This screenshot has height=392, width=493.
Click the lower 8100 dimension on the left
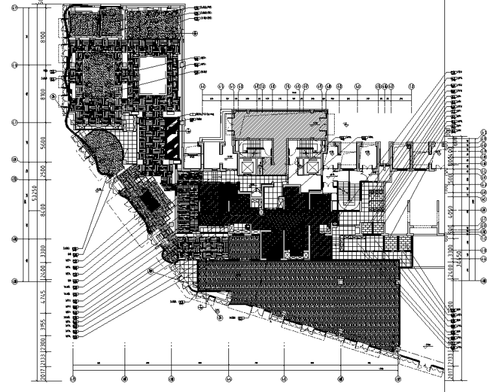click(x=43, y=94)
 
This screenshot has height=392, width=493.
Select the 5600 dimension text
click(x=43, y=141)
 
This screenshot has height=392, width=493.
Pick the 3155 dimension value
click(x=43, y=325)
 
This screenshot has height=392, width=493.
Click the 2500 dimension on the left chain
click(x=43, y=169)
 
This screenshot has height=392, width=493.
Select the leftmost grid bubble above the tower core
click(x=202, y=86)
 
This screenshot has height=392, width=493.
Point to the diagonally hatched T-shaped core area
click(x=277, y=130)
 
